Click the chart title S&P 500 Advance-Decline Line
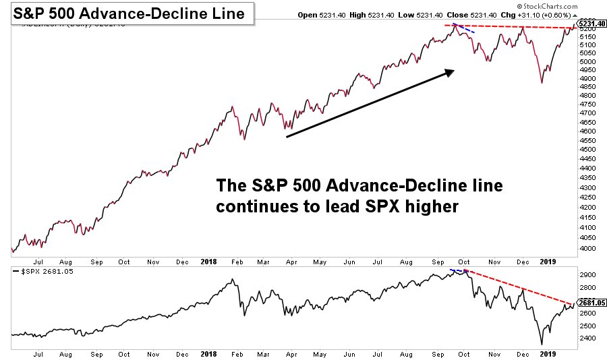coord(129,13)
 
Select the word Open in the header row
coord(308,15)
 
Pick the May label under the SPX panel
coord(320,353)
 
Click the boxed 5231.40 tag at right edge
coord(591,24)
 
